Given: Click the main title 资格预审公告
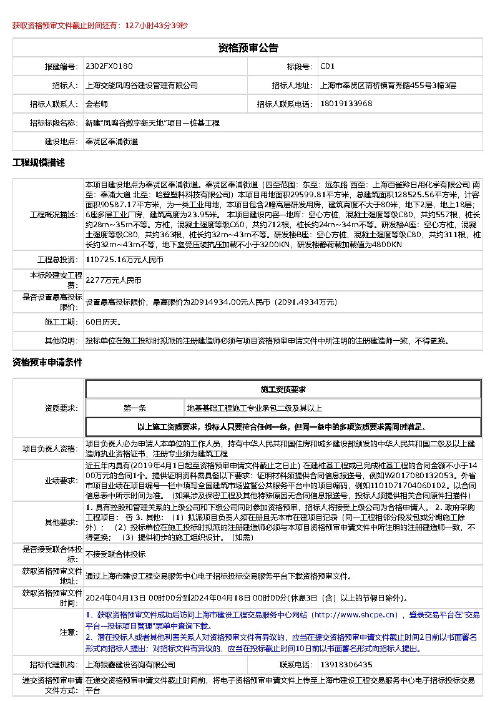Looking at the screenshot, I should pos(248,48).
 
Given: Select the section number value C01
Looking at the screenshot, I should pos(328,66).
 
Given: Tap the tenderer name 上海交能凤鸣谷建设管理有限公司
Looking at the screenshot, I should pos(141,86).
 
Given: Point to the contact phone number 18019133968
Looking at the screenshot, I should pos(346,104).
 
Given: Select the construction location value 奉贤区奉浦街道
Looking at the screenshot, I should pos(112,142).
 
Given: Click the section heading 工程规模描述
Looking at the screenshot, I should pos(39,163).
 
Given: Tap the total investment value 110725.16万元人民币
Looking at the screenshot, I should pos(124,259).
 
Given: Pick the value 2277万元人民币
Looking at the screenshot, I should pos(114,281).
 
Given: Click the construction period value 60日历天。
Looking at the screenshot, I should pos(103,322).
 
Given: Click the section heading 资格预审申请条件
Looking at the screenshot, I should pos(47,362).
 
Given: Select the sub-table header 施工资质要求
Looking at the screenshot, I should pos(283,390).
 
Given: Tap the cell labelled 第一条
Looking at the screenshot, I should pos(135,408).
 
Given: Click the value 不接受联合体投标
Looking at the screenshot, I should pos(115,554).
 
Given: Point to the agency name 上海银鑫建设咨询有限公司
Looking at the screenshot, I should pos(130,665).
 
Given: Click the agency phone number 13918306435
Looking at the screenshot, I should pos(346,665).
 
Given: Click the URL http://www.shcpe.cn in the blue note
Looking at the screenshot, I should pos(356,615).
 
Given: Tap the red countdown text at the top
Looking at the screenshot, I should pos(100,26).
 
